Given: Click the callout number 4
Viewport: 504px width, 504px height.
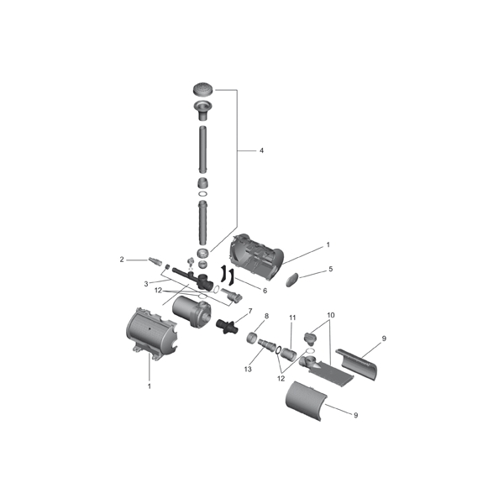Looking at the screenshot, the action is (261, 150).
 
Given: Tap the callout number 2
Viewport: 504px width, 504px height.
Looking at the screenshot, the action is (122, 260).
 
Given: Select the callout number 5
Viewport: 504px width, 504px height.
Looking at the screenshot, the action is (331, 269).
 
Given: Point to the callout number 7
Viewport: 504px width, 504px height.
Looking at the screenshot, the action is (250, 311).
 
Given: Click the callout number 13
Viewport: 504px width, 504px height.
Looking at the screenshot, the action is (248, 370).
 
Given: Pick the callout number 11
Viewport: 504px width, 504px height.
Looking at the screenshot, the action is (292, 318).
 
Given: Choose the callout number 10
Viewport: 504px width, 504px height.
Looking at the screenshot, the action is (331, 315).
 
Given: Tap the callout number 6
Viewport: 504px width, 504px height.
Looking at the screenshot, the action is (265, 291).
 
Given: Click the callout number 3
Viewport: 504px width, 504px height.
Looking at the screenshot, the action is (146, 284).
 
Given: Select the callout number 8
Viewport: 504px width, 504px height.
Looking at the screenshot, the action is (266, 317).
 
